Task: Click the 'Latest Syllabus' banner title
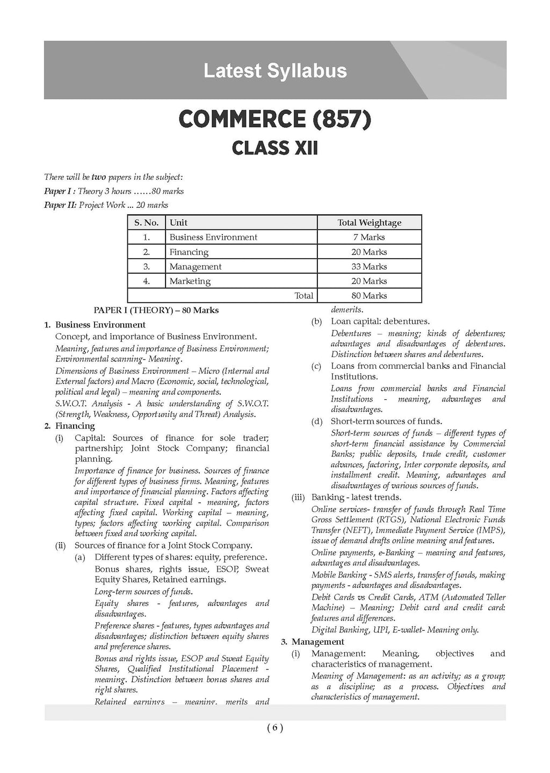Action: point(275,71)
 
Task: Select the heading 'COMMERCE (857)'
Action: point(274,120)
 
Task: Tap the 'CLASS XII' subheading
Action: point(274,148)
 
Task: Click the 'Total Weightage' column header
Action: point(369,223)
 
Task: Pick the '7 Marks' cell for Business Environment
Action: point(369,237)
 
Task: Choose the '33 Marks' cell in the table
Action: point(369,267)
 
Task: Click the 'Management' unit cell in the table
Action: point(195,267)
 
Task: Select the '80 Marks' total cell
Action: point(369,296)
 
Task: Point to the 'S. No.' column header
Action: point(146,223)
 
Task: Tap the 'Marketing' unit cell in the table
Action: point(190,281)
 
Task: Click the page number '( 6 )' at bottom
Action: point(274,728)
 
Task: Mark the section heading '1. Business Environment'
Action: point(95,325)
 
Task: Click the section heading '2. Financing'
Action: point(69,426)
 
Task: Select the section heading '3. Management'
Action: point(313,642)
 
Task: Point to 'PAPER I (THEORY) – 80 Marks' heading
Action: point(156,310)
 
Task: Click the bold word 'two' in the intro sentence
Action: point(99,177)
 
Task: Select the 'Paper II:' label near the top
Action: point(60,205)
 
